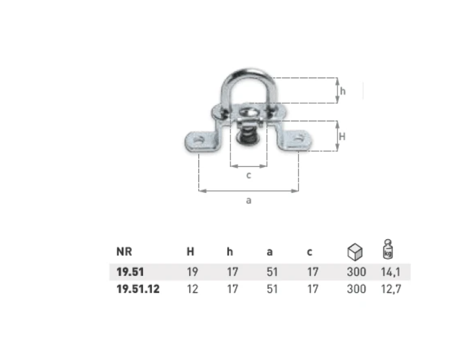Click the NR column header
(124, 252)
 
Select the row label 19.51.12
(138, 289)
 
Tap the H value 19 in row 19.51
(192, 272)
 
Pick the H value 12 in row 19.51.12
(192, 289)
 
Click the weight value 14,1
(390, 272)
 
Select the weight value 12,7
(391, 289)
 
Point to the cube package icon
(355, 252)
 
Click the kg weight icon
(388, 249)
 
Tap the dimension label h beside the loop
(343, 91)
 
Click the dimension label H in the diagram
(342, 136)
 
